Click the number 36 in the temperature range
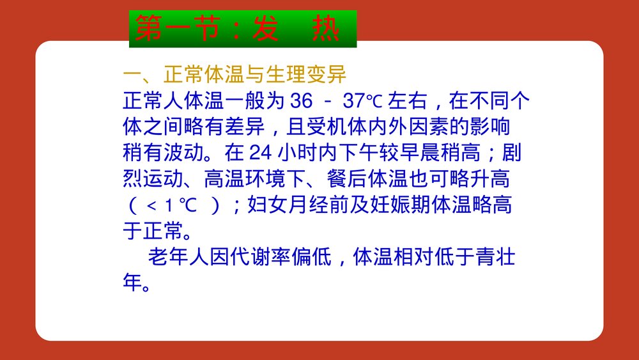[300, 101]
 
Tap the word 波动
[183, 153]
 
